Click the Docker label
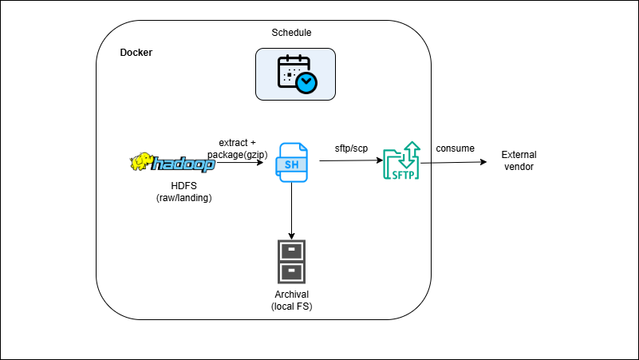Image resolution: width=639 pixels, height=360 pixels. pos(136,53)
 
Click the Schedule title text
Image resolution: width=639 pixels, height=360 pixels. pos(291,33)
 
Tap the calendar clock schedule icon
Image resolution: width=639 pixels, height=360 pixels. pos(295,73)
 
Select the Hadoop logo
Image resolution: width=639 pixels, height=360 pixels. pos(172,163)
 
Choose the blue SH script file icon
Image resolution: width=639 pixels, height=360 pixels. pos(291,164)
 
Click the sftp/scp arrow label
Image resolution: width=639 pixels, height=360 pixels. pos(351,148)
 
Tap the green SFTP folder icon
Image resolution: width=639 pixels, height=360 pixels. pos(401,163)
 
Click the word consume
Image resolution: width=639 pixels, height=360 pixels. pos(455,148)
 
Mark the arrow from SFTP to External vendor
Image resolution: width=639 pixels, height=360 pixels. pos(453,163)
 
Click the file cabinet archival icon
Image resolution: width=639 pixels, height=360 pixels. pos(291,262)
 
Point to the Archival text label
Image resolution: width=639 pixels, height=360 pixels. pos(291,295)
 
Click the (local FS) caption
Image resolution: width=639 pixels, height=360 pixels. pos(291,307)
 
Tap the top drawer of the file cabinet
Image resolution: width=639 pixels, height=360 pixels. pos(291,251)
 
